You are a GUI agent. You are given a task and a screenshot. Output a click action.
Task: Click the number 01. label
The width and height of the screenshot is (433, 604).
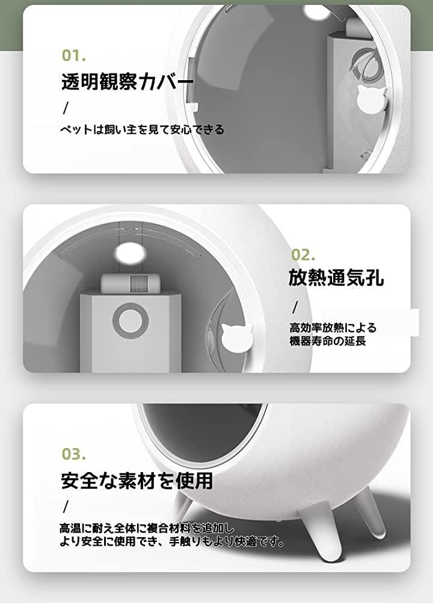[x=74, y=55]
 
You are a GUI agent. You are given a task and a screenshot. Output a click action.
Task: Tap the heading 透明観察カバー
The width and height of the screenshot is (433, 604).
[x=127, y=81]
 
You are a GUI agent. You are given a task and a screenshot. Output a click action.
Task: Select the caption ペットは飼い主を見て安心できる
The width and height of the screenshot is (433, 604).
[x=142, y=129]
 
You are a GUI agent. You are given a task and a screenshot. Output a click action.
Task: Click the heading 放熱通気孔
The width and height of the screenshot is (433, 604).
[x=336, y=278]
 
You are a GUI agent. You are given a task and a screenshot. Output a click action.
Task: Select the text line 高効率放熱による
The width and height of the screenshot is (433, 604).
[x=333, y=328]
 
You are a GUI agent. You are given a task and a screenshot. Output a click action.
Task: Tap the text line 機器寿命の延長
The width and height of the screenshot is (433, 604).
[x=328, y=341]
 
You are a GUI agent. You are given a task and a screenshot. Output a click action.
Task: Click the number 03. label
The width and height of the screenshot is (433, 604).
[x=74, y=453]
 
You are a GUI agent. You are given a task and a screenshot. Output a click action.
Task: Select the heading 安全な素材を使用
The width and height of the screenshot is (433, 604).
[x=137, y=480]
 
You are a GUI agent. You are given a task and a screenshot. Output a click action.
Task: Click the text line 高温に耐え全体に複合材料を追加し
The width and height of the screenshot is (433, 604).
[x=147, y=528]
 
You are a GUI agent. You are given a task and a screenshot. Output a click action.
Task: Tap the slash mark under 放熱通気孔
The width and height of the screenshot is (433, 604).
[x=295, y=307]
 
